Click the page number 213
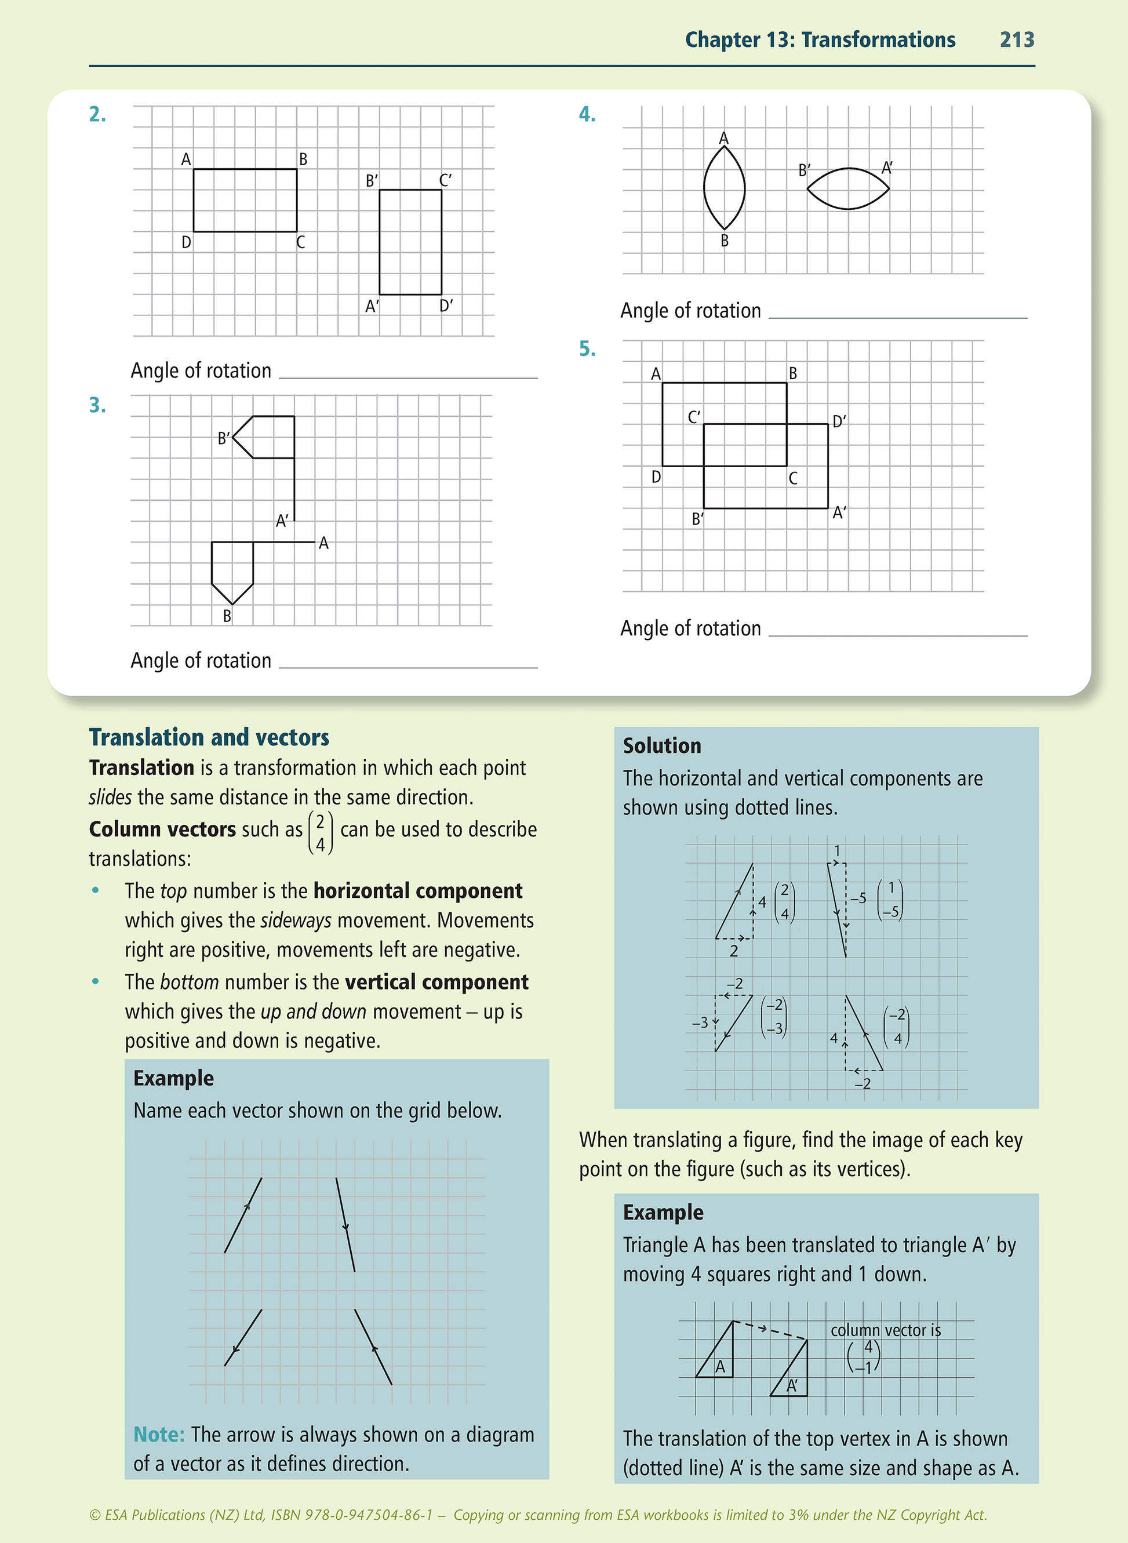pos(1017,39)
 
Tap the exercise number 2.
pos(97,114)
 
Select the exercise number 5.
pos(587,349)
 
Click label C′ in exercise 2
pos(445,180)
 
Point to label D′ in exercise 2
pos(446,306)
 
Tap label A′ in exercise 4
pos(886,168)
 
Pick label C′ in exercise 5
pos(694,417)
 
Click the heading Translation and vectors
pos(209,737)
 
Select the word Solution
pos(661,745)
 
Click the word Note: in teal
pos(159,1435)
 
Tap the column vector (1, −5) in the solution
pos(890,900)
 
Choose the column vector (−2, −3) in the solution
pos(774,1017)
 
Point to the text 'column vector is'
pos(886,1330)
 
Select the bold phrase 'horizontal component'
pos(418,891)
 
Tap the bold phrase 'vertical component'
pos(436,982)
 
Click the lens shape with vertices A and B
pos(724,188)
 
